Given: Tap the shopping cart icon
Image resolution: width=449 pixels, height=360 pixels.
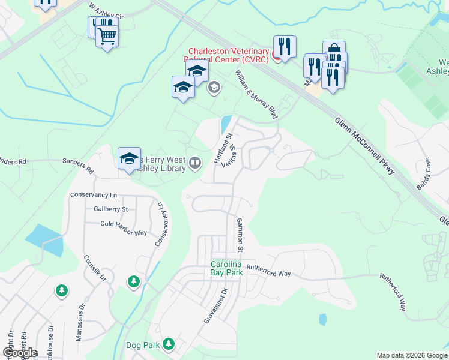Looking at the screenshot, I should pyautogui.click(x=107, y=36).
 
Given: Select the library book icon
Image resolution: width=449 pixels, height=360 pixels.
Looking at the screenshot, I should pyautogui.click(x=195, y=163).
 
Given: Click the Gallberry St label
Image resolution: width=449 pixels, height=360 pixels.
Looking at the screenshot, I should pyautogui.click(x=111, y=209).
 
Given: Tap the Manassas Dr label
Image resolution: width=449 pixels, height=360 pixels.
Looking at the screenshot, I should pyautogui.click(x=80, y=323).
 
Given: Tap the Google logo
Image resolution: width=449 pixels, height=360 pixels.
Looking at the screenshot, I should pyautogui.click(x=19, y=352).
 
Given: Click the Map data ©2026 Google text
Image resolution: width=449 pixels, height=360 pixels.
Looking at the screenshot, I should pyautogui.click(x=411, y=355).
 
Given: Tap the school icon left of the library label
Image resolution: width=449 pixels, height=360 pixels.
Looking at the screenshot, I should pyautogui.click(x=129, y=159).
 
